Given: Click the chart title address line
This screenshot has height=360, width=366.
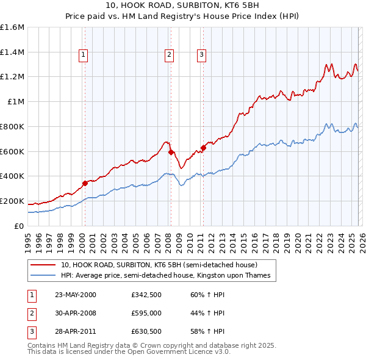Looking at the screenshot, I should click(x=182, y=7).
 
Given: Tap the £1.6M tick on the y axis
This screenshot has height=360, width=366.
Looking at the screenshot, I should click(x=12, y=27).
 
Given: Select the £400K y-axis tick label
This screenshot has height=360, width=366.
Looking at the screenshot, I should click(x=12, y=176).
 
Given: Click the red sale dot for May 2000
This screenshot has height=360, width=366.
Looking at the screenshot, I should click(x=85, y=182).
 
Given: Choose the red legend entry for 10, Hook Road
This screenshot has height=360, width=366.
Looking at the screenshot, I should click(x=159, y=265).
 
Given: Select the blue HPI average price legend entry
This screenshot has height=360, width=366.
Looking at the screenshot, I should click(x=165, y=276).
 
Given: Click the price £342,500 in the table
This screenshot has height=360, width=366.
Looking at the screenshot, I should click(x=145, y=295).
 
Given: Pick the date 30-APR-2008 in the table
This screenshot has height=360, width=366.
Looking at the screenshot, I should click(x=76, y=313).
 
